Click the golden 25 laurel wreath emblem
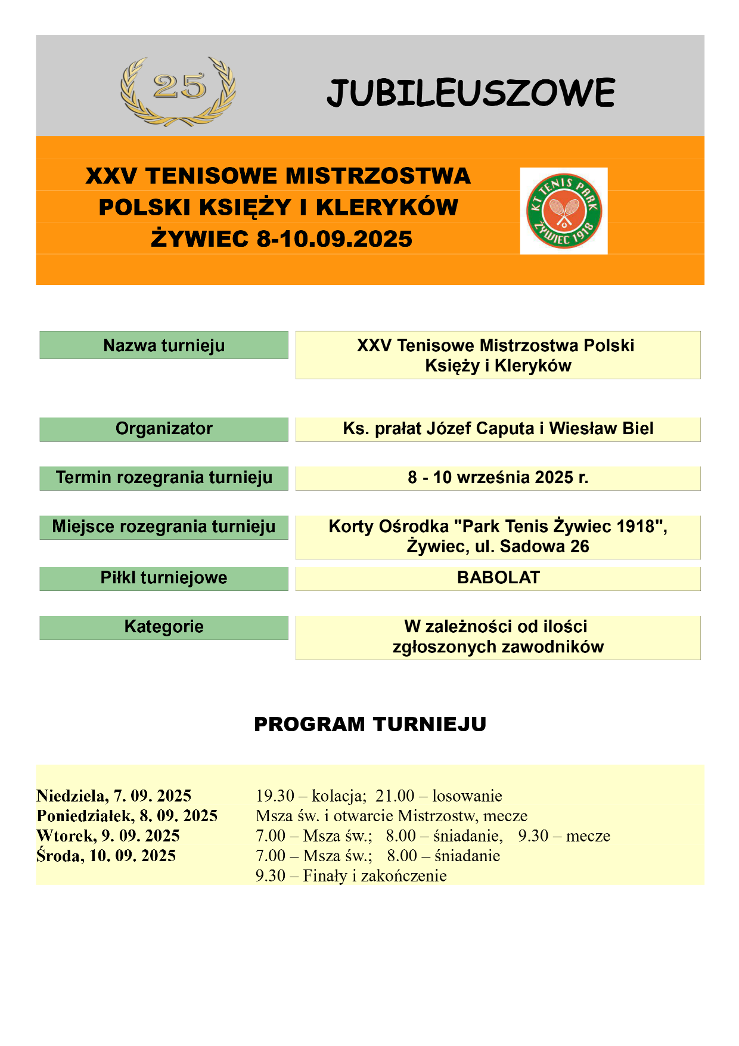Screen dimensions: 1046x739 click(178, 91)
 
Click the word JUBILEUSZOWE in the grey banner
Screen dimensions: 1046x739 click(471, 94)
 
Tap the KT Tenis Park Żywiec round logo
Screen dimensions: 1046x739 click(563, 211)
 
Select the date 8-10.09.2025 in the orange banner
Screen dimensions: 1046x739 click(334, 239)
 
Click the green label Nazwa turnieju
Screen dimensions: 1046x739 click(164, 345)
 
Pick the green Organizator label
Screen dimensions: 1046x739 click(164, 429)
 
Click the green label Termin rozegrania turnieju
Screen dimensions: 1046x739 click(164, 478)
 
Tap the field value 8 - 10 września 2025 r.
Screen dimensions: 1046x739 click(498, 478)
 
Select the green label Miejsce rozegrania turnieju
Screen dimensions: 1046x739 click(164, 527)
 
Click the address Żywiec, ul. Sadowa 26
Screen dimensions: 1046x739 click(498, 546)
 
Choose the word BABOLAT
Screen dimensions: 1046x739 click(498, 578)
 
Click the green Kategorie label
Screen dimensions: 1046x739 click(164, 627)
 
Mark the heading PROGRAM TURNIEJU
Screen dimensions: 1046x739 click(370, 724)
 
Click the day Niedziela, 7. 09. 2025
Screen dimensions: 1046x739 click(114, 796)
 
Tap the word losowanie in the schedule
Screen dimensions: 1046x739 click(467, 796)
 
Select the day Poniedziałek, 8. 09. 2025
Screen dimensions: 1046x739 click(127, 816)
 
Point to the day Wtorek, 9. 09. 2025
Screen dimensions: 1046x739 click(108, 835)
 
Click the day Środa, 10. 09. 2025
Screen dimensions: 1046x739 click(106, 856)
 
